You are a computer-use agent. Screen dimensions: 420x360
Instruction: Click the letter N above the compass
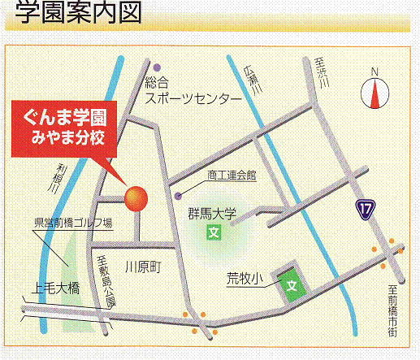pyautogui.click(x=375, y=72)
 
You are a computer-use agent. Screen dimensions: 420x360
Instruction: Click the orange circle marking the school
pyautogui.click(x=135, y=197)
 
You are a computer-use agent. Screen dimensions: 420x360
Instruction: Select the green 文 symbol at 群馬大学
pyautogui.click(x=214, y=233)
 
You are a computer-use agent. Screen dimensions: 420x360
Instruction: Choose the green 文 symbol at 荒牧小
pyautogui.click(x=291, y=284)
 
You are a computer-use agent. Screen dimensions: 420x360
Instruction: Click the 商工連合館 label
pyautogui.click(x=231, y=175)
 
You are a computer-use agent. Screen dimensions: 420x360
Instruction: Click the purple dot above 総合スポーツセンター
pyautogui.click(x=158, y=67)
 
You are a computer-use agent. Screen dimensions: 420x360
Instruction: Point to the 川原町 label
pyautogui.click(x=144, y=266)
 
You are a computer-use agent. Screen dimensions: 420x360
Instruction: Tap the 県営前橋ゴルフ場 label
pyautogui.click(x=72, y=222)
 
